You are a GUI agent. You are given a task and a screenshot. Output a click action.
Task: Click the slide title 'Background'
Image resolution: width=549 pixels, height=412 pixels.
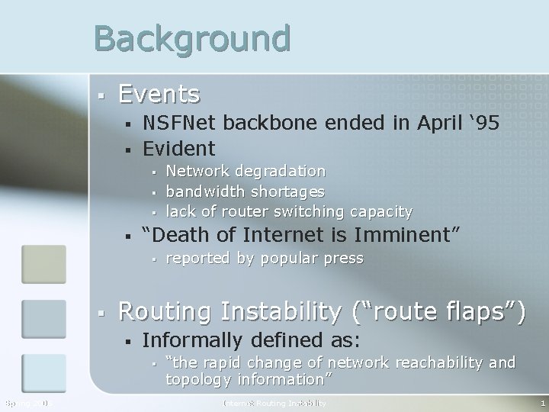coord(192,37)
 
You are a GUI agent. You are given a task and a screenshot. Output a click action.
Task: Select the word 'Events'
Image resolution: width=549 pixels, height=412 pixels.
coord(159,95)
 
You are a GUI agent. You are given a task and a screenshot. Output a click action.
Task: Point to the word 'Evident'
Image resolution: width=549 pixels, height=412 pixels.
coord(179,147)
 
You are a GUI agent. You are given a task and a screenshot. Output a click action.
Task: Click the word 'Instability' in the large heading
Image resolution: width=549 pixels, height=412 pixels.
coord(289,311)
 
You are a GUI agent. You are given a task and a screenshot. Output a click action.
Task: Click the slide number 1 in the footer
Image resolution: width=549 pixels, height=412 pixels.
coord(541,403)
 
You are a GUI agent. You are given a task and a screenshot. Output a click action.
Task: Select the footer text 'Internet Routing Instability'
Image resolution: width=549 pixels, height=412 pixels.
coord(274,403)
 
